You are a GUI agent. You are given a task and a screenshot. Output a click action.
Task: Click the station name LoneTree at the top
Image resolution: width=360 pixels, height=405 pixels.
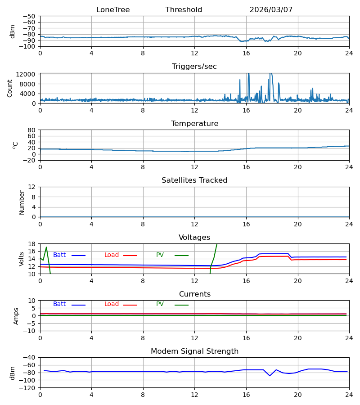[x=113, y=10]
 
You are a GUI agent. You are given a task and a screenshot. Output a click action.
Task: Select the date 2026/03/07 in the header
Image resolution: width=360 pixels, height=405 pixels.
[x=271, y=10]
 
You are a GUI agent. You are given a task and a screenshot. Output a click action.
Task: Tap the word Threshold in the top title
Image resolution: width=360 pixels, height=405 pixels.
[x=184, y=10]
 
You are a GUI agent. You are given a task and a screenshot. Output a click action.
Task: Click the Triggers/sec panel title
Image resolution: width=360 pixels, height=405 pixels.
[x=194, y=67]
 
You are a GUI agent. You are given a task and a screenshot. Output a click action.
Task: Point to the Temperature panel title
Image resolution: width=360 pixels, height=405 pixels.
[x=194, y=123]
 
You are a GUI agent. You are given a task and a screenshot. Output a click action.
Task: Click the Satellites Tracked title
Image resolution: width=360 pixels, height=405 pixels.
[x=194, y=180]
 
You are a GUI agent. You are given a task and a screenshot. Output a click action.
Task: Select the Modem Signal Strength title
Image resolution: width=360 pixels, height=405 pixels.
[x=194, y=351]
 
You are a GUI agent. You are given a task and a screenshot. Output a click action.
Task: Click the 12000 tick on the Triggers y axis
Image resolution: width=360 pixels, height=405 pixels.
[x=25, y=74]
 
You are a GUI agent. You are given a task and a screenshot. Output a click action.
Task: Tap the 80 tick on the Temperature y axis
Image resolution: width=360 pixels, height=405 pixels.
[x=31, y=130]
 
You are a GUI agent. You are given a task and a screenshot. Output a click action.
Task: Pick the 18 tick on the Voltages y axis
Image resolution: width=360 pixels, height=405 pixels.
[x=31, y=244]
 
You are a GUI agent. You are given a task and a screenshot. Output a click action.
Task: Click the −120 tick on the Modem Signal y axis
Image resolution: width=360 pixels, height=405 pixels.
[x=28, y=388]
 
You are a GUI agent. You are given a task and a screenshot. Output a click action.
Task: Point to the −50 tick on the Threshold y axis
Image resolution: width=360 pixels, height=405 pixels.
[x=29, y=16]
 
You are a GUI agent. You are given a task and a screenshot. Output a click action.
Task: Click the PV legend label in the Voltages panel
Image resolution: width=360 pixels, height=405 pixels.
[x=160, y=255]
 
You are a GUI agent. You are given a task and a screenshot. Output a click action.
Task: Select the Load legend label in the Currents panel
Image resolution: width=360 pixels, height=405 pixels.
[x=112, y=304]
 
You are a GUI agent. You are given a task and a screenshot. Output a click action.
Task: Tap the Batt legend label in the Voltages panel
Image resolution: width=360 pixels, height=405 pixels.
[x=59, y=255]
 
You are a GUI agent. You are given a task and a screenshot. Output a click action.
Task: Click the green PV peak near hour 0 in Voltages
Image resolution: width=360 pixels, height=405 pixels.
[x=46, y=247]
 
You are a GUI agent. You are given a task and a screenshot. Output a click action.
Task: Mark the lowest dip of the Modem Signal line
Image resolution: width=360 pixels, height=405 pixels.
[x=270, y=376]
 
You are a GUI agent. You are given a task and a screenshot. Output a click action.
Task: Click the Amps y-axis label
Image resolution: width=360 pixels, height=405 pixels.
[x=16, y=316]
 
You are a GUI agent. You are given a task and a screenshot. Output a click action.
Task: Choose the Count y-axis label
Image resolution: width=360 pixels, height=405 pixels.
[x=10, y=89]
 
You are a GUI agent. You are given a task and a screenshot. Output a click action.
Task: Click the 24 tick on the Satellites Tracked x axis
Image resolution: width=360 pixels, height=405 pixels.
[x=349, y=224]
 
